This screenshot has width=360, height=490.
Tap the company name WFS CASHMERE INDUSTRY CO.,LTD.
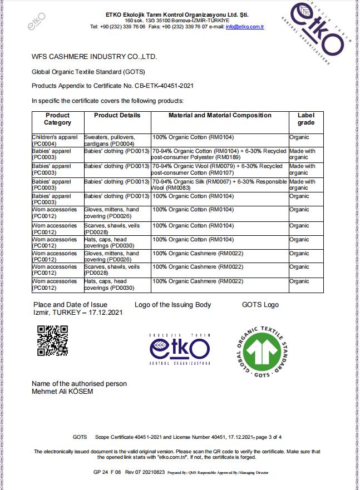(x=95, y=57)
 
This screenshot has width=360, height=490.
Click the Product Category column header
(x=57, y=119)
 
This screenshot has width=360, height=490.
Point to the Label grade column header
(x=306, y=119)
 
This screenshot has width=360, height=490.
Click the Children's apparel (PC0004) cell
(x=57, y=140)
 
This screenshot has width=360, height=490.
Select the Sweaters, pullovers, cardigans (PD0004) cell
(x=116, y=140)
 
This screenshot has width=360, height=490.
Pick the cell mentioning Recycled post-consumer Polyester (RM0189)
(x=219, y=154)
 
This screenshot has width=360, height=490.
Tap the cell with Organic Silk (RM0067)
(x=219, y=185)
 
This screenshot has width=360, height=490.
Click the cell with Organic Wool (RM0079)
(x=219, y=170)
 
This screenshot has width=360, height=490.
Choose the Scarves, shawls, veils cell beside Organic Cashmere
(x=116, y=270)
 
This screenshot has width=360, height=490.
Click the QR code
(x=52, y=340)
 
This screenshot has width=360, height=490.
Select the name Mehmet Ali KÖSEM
(x=62, y=392)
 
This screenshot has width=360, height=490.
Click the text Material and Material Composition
(x=220, y=116)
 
